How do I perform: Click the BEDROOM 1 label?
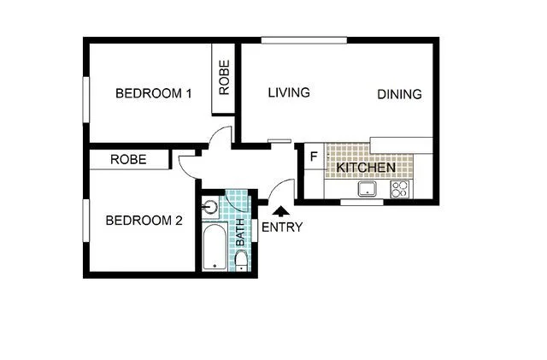tap(154, 93)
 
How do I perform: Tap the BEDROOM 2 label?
tap(144, 221)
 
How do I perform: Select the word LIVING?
tap(288, 92)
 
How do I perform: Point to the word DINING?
tap(399, 95)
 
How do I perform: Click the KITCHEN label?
tap(365, 168)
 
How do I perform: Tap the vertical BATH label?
tap(240, 229)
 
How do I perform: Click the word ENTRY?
tap(281, 227)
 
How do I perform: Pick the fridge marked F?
tap(313, 157)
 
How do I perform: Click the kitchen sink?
tap(369, 189)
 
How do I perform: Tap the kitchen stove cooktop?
tap(399, 189)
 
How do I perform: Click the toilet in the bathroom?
tap(241, 261)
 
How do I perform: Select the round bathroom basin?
tap(210, 206)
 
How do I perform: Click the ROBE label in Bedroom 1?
tap(224, 79)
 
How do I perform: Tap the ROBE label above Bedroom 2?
tap(128, 159)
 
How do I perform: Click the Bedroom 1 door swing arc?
tap(221, 134)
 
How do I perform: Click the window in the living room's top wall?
tap(303, 39)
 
